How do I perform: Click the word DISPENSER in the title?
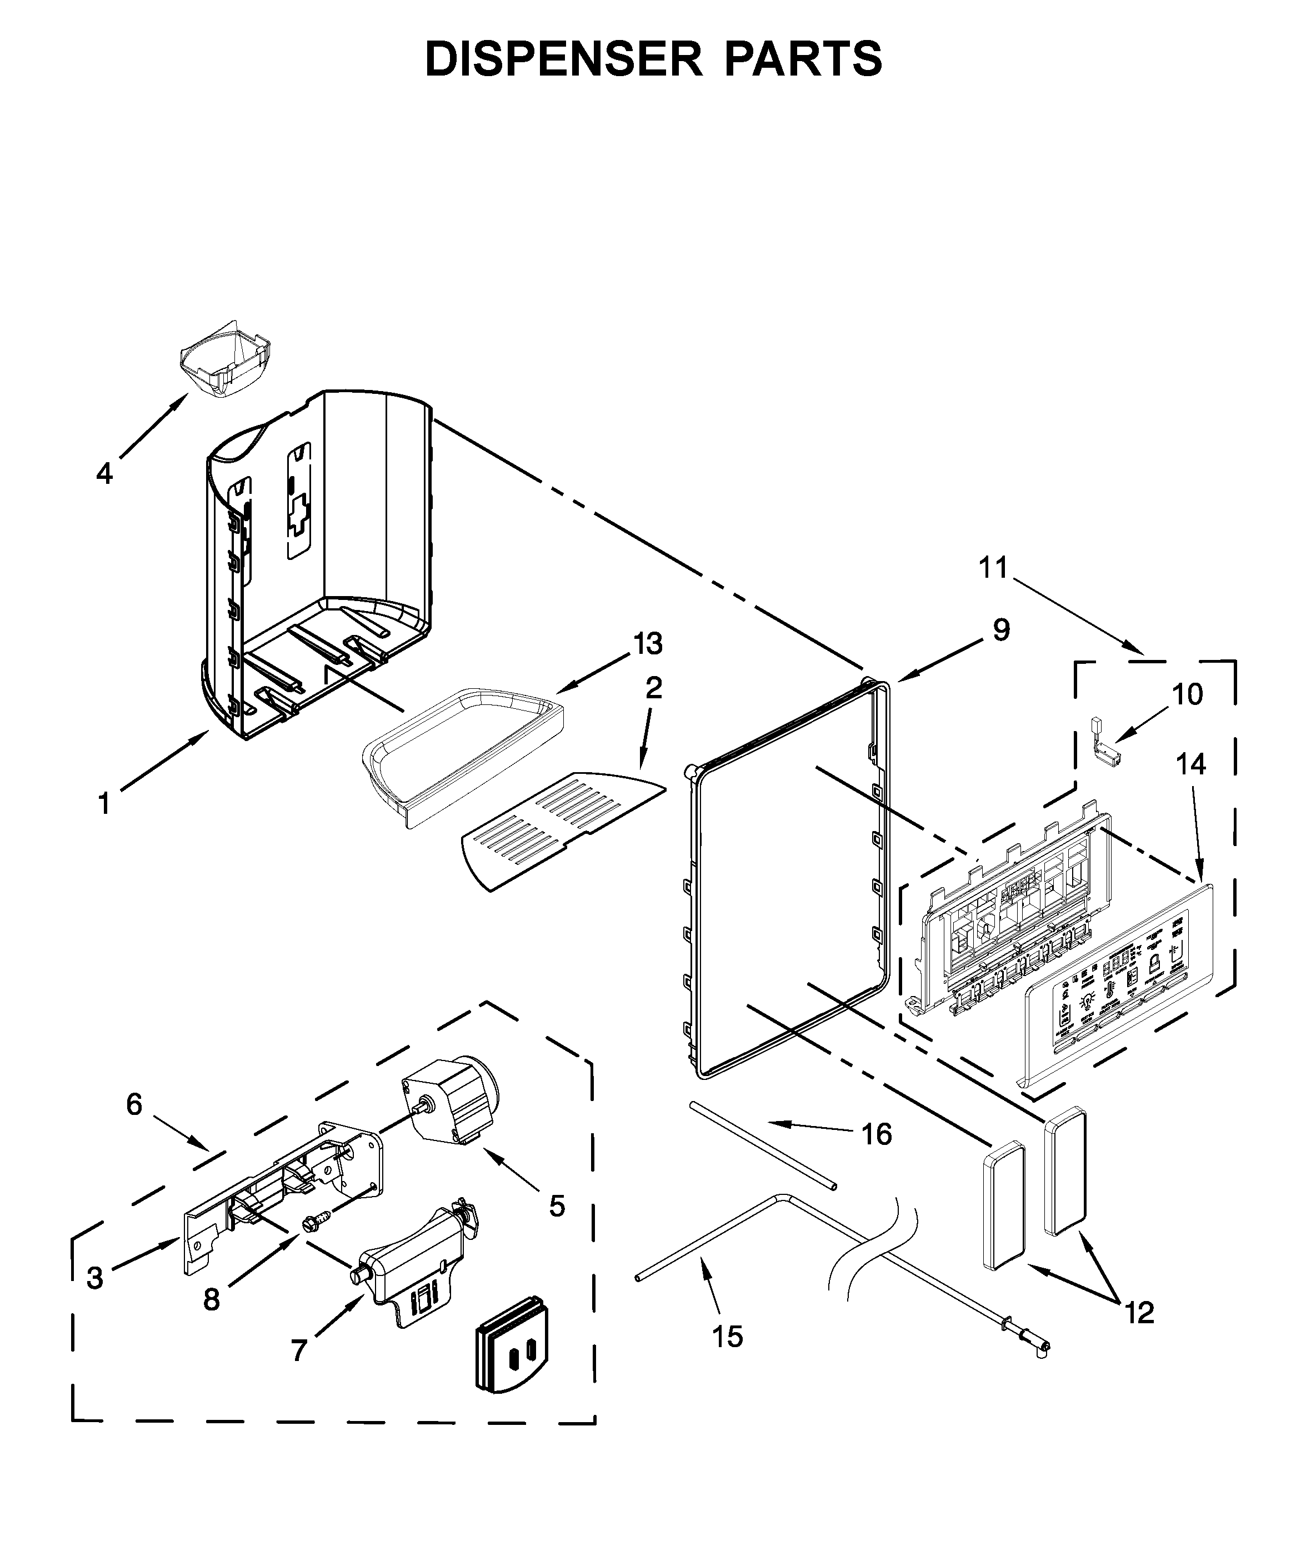[x=563, y=59]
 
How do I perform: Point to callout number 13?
[x=648, y=644]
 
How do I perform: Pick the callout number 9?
[x=1001, y=631]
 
